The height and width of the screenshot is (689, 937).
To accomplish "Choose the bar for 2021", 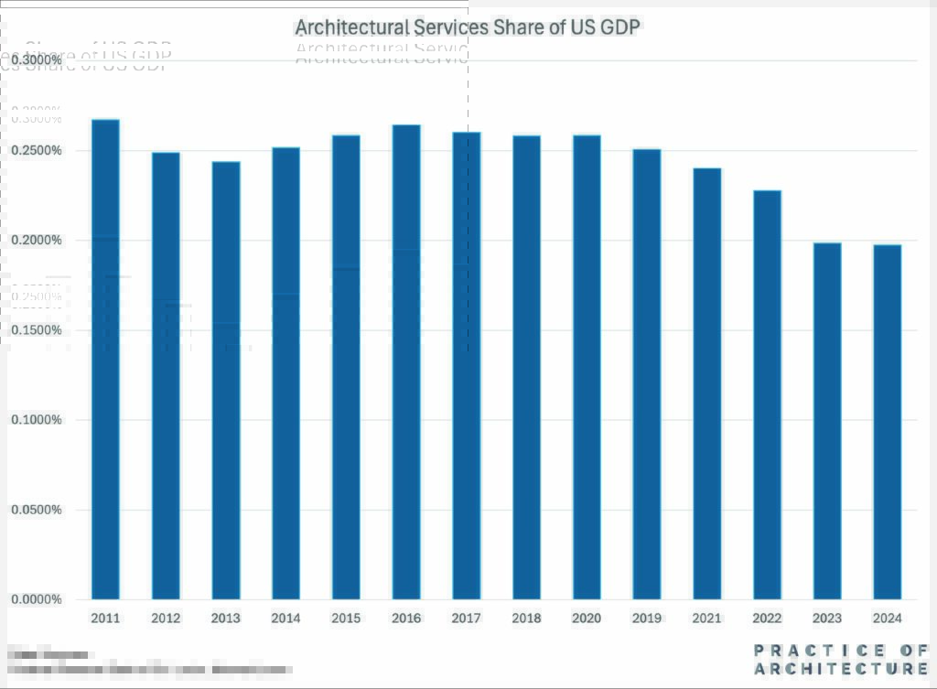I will (x=706, y=383).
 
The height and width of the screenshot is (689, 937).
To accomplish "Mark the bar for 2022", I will (x=767, y=394).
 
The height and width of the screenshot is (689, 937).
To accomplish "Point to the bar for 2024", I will (x=887, y=422).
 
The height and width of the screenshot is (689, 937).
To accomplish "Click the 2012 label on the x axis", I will (x=166, y=619).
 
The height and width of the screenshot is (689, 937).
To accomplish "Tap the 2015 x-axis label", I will (x=346, y=619).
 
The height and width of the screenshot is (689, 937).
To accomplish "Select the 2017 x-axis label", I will (x=466, y=619).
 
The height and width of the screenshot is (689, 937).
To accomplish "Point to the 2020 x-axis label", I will (x=587, y=619).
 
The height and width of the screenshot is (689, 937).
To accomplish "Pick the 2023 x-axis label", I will (x=827, y=619).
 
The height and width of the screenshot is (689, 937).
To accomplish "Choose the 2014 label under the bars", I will (x=285, y=619).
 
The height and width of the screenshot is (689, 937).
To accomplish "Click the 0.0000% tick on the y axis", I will (x=37, y=599).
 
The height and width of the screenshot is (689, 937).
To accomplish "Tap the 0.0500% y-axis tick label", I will (x=37, y=510).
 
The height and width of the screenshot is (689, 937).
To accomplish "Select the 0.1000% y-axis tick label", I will (x=37, y=420).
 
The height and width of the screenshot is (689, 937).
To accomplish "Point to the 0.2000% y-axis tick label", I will (x=37, y=241).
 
